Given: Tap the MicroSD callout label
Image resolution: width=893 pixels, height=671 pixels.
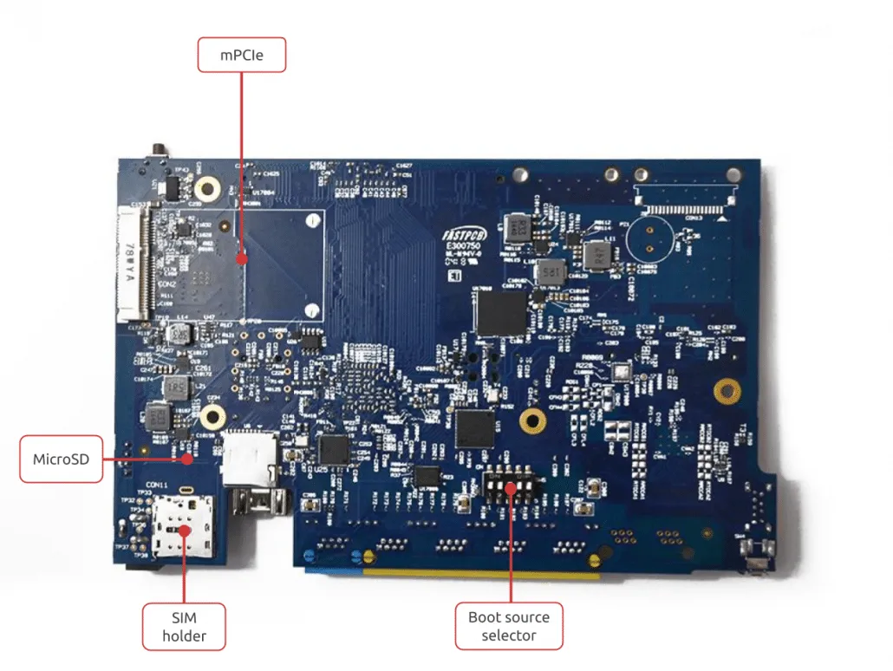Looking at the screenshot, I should (x=61, y=459).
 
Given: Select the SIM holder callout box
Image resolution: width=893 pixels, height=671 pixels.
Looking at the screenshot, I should (x=184, y=626).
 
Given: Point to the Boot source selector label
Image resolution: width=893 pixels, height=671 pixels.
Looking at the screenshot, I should (x=509, y=626).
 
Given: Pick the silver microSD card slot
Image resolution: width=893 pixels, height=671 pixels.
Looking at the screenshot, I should (x=250, y=457).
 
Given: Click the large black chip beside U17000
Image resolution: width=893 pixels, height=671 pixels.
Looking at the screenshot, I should (x=501, y=313).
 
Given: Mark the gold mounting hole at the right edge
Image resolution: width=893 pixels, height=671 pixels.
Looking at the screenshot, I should (x=727, y=391).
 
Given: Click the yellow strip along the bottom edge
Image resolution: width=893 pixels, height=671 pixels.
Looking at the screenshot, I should (x=481, y=573).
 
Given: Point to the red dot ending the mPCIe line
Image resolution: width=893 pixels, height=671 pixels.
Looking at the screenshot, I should (x=242, y=257).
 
